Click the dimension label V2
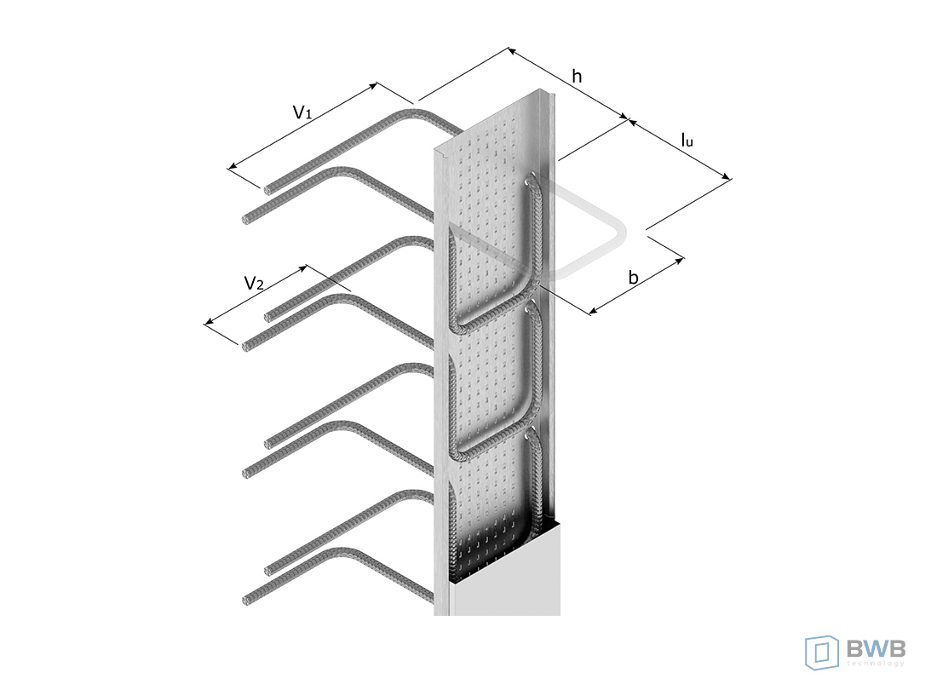point(254,283)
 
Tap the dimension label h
point(577,77)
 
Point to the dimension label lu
point(687,140)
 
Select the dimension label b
point(634,277)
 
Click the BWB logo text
point(876,647)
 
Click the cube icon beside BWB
point(822,653)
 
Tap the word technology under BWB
point(876,663)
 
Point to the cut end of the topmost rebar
point(267,190)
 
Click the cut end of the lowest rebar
point(246,601)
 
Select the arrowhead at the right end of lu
point(727,176)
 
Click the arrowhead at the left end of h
point(512,50)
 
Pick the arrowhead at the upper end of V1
point(373,86)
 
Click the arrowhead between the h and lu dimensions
point(628,119)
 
